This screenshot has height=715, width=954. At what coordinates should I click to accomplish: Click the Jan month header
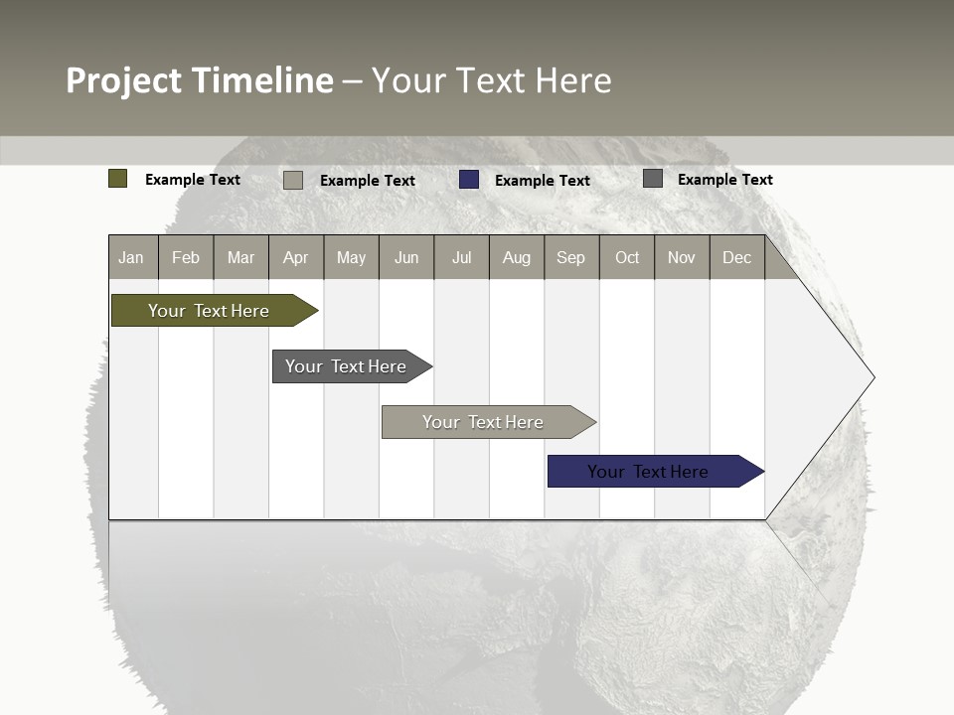(132, 257)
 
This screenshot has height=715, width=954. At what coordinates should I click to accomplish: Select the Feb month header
(186, 257)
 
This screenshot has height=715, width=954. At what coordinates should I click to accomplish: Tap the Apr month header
(296, 257)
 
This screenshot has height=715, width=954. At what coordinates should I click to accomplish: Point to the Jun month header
(406, 257)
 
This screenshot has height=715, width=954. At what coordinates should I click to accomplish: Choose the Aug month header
(517, 257)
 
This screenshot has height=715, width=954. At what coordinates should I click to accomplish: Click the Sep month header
(571, 257)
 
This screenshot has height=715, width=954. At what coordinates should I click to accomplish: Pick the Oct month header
(627, 257)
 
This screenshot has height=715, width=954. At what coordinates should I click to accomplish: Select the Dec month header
(737, 257)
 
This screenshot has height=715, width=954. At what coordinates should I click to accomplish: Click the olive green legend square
(118, 179)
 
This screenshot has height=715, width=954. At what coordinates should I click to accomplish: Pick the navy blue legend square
(469, 180)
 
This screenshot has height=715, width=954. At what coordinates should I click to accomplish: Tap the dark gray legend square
(653, 179)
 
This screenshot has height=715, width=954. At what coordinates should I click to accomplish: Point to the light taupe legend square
(293, 180)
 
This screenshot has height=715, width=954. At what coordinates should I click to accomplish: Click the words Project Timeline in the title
(200, 80)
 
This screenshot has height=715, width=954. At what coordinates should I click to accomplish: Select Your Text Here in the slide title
(492, 80)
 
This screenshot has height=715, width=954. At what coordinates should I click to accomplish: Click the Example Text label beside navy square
(543, 181)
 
